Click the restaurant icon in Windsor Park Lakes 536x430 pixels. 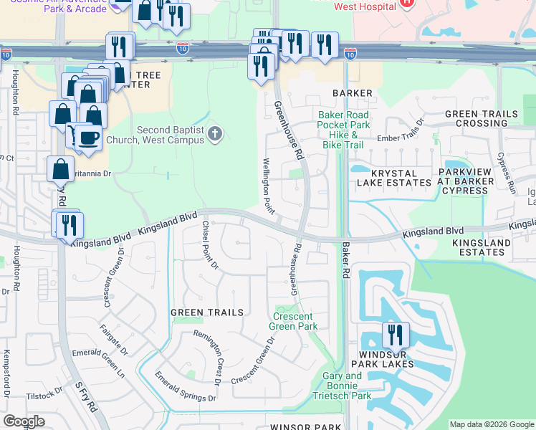tap(394, 335)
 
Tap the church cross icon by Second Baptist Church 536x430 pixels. tap(214, 134)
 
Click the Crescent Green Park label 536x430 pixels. tap(295, 321)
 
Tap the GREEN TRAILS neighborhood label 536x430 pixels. tap(207, 312)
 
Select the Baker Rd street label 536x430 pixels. tap(345, 260)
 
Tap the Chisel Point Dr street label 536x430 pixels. tap(210, 244)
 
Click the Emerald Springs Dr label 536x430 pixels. tap(185, 387)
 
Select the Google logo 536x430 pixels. tap(24, 421)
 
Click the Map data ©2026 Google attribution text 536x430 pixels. tap(491, 424)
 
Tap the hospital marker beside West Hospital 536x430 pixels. tap(406, 2)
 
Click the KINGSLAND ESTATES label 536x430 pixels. tap(482, 247)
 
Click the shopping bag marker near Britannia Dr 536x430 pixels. tap(61, 170)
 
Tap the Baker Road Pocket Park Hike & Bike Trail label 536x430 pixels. tap(343, 130)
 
